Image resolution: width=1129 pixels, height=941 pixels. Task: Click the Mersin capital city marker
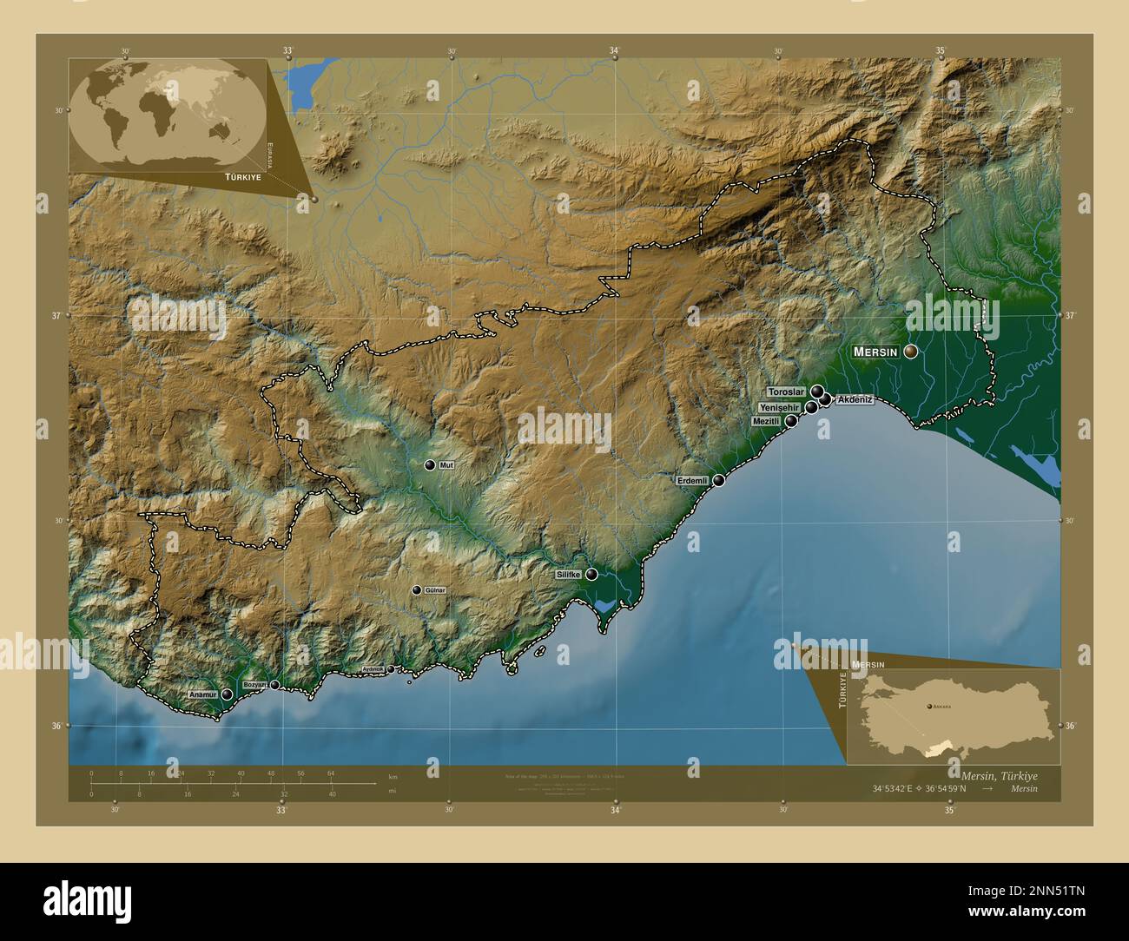click(910, 352)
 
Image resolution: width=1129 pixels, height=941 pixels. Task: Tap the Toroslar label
click(787, 392)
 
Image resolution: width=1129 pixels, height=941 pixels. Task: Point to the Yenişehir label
click(780, 407)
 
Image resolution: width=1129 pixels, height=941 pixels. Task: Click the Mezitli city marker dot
click(792, 421)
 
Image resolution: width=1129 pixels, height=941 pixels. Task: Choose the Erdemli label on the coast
click(694, 480)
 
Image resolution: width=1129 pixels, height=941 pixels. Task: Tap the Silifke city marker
click(591, 574)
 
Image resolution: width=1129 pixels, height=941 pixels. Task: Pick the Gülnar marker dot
click(417, 590)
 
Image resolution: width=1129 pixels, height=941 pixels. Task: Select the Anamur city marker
click(227, 694)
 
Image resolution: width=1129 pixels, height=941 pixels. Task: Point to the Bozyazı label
click(254, 686)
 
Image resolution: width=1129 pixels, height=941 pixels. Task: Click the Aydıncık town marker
click(390, 669)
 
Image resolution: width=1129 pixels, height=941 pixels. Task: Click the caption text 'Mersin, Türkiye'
click(997, 774)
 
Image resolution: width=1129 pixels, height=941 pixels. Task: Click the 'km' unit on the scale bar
click(393, 776)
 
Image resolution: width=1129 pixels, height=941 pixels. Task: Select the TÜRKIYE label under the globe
click(242, 176)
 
